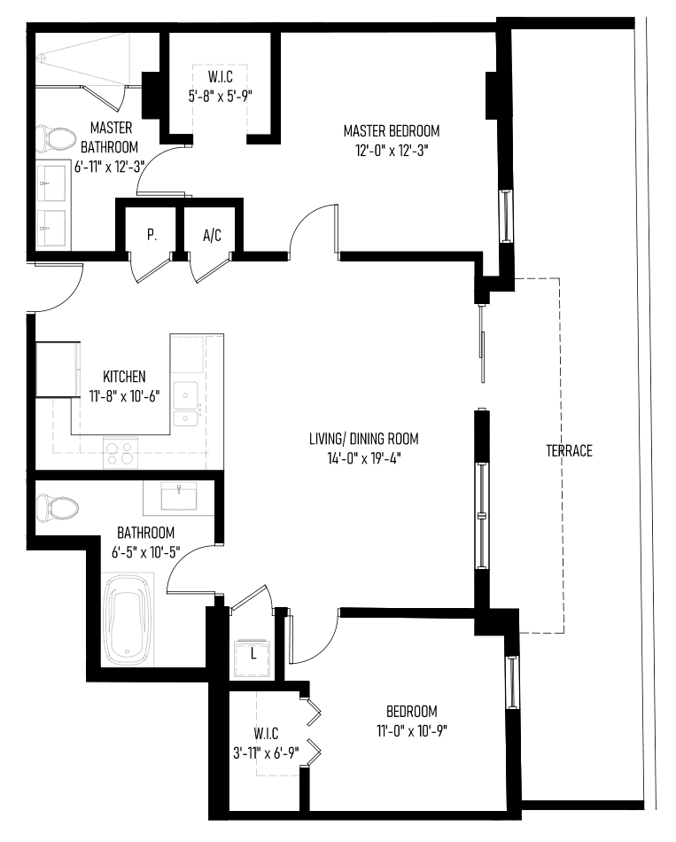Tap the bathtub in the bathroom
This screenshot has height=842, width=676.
click(128, 620)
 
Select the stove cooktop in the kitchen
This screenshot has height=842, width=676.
click(120, 452)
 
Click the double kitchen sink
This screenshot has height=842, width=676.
click(185, 403)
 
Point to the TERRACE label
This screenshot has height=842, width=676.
click(569, 450)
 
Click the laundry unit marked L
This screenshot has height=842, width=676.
click(253, 658)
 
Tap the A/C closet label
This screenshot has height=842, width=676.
click(212, 235)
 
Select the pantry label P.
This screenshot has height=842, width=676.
click(152, 235)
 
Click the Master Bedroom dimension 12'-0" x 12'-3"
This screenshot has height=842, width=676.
click(392, 151)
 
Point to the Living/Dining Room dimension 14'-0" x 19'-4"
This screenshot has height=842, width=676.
click(363, 458)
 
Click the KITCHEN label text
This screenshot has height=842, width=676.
click(124, 377)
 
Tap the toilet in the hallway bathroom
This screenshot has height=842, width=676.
click(57, 508)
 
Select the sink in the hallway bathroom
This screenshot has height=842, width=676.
click(179, 495)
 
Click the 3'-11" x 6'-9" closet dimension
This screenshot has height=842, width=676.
click(266, 753)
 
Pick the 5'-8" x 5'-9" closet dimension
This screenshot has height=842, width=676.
click(220, 96)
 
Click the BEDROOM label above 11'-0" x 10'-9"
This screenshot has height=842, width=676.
click(412, 712)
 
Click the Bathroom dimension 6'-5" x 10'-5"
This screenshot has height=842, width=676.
click(145, 552)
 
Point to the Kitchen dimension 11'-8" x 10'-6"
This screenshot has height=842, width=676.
click(124, 397)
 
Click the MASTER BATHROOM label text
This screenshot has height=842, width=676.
click(110, 137)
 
